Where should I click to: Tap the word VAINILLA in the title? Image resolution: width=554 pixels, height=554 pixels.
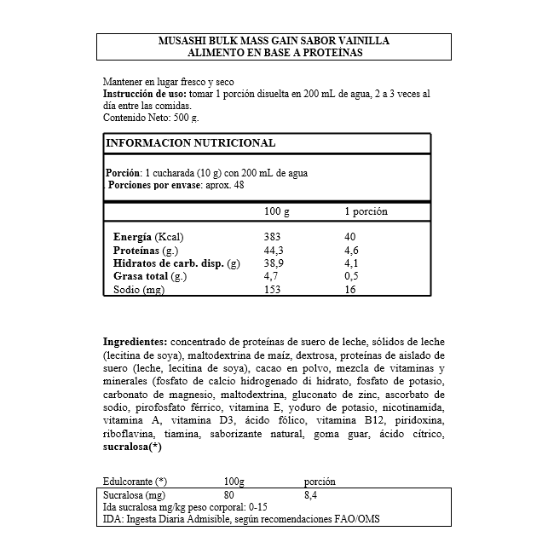(x=362, y=41)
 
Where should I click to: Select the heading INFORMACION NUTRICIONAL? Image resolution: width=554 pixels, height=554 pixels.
(x=190, y=143)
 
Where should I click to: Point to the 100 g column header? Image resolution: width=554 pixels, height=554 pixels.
(x=277, y=211)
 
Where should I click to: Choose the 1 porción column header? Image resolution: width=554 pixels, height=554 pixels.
(x=366, y=211)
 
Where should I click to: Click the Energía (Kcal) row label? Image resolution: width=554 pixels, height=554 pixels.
(x=148, y=237)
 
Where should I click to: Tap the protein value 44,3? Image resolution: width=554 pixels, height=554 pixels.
(x=274, y=251)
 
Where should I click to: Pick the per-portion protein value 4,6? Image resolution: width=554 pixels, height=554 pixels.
(x=351, y=251)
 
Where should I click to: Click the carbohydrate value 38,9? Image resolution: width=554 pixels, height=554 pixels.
(x=274, y=264)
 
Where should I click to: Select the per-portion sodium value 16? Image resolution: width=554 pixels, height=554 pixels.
(x=349, y=291)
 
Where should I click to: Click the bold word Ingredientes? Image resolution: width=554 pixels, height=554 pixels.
(x=135, y=341)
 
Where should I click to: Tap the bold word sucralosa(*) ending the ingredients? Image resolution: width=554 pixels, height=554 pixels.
(x=132, y=447)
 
